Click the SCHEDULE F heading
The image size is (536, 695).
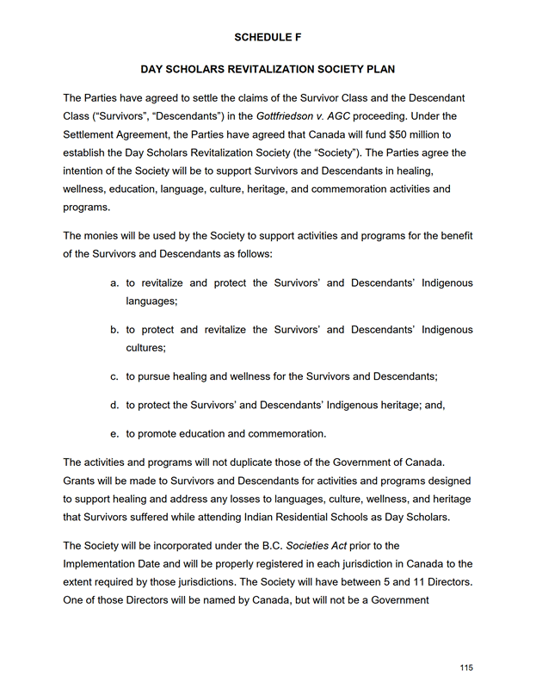pyautogui.click(x=267, y=37)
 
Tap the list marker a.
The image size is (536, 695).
pyautogui.click(x=114, y=282)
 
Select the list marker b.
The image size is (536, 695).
pyautogui.click(x=114, y=330)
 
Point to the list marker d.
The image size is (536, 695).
pyautogui.click(x=114, y=405)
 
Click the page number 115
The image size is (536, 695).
pyautogui.click(x=466, y=668)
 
